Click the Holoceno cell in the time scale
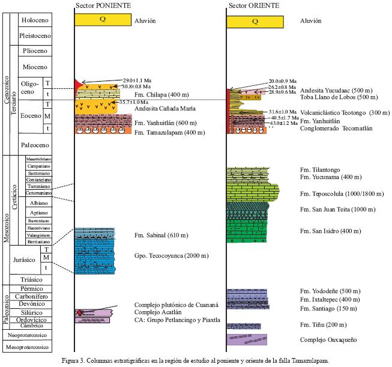[34, 20]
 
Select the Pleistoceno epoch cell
[34, 35]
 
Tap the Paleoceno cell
[34, 144]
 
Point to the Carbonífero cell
[34, 296]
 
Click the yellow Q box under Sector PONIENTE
[103, 19]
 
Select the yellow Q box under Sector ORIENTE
[255, 21]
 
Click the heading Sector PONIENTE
[101, 5]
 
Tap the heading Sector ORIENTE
[253, 5]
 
